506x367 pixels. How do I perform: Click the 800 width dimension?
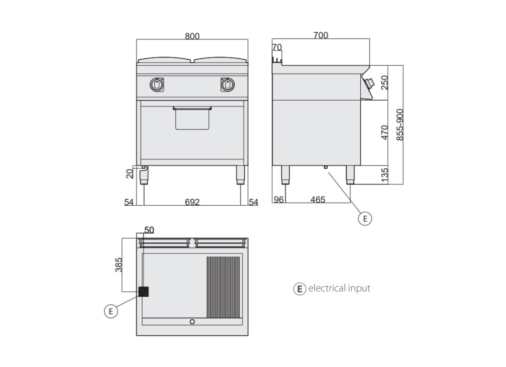point(192,36)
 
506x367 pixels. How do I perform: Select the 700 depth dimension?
point(321,35)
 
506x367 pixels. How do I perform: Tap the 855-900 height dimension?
point(400,125)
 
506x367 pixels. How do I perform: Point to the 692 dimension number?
point(192,202)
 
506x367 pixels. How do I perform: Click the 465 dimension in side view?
point(318,200)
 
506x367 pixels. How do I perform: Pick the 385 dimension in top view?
point(119,265)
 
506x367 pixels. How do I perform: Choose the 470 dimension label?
point(384,133)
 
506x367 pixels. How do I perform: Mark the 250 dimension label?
point(384,82)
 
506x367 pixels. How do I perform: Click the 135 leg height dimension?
point(384,174)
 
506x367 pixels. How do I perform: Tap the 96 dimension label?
point(278,200)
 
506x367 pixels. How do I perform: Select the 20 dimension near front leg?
point(130,174)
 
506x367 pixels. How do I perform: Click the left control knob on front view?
point(157,85)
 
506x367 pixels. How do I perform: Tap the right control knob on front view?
point(228,85)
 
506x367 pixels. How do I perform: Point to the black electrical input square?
point(144,292)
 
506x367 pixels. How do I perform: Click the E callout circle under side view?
point(365,219)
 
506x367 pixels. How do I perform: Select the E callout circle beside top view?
point(111,311)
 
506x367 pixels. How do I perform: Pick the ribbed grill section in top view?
point(223,287)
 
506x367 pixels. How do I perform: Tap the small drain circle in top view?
point(192,322)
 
